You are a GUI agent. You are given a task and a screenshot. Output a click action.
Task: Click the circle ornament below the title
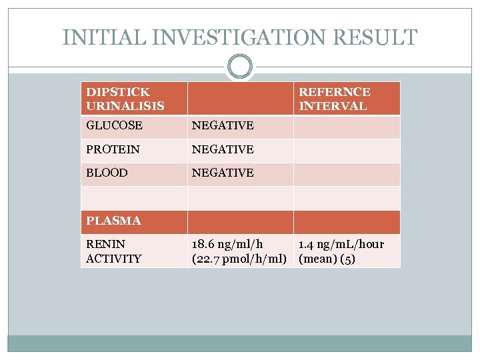pyautogui.click(x=240, y=67)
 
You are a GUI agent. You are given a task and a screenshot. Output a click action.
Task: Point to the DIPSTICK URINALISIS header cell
pyautogui.click(x=125, y=99)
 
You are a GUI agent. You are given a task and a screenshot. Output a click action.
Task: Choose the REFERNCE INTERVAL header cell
pyautogui.click(x=335, y=99)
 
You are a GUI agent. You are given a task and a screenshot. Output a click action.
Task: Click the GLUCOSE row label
pyautogui.click(x=114, y=125)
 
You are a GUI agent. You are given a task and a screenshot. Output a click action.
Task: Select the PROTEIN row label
pyautogui.click(x=113, y=149)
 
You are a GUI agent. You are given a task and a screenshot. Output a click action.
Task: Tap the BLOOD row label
pyautogui.click(x=107, y=173)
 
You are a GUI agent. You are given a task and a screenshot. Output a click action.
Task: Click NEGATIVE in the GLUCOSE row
pyautogui.click(x=223, y=125)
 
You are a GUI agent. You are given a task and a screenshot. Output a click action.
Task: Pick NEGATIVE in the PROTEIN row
pyautogui.click(x=223, y=149)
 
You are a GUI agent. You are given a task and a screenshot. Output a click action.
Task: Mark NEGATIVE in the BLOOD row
pyautogui.click(x=223, y=173)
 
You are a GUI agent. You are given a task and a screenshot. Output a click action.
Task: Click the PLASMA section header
pyautogui.click(x=113, y=221)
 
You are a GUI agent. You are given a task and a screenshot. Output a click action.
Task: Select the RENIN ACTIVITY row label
pyautogui.click(x=114, y=251)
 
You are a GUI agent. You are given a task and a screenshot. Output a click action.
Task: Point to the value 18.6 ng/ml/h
pyautogui.click(x=227, y=245)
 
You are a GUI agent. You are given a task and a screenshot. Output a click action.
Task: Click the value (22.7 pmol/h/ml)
pyautogui.click(x=239, y=259)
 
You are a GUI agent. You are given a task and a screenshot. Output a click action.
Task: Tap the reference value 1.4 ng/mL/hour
pyautogui.click(x=341, y=245)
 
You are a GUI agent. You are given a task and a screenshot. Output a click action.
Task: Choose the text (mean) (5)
pyautogui.click(x=327, y=259)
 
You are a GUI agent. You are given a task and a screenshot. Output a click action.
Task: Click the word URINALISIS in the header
pyautogui.click(x=125, y=106)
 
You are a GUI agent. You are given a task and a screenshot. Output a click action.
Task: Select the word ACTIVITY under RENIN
pyautogui.click(x=114, y=259)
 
